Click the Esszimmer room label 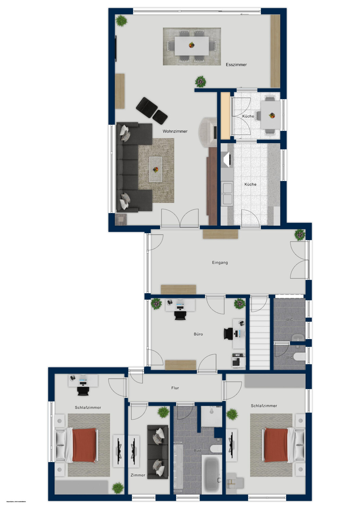pos(236,64)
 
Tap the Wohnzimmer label pos(175,131)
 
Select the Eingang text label pos(220,262)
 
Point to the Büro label pos(198,334)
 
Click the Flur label pos(175,388)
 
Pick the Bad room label pos(197,450)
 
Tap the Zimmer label pos(138,475)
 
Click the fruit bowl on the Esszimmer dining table pos(192,44)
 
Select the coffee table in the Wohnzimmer pos(156,169)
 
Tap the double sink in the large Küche pos(227,193)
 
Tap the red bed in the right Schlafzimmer pos(276,445)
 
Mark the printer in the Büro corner pos(238,360)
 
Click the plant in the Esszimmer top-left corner pos(121,21)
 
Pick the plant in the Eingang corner pos(300,234)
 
